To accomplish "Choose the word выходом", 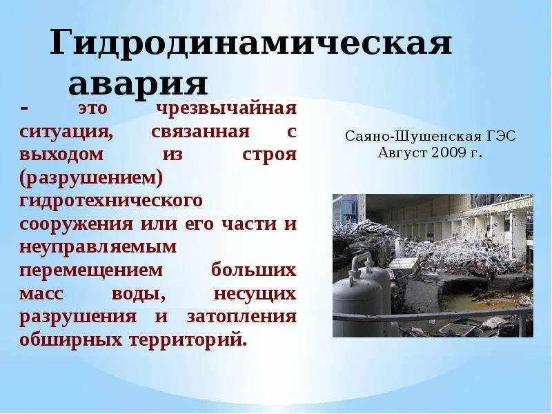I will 61,154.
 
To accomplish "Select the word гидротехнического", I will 110,201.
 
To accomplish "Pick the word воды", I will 137,293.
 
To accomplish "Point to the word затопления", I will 241,317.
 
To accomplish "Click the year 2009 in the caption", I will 448,152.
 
